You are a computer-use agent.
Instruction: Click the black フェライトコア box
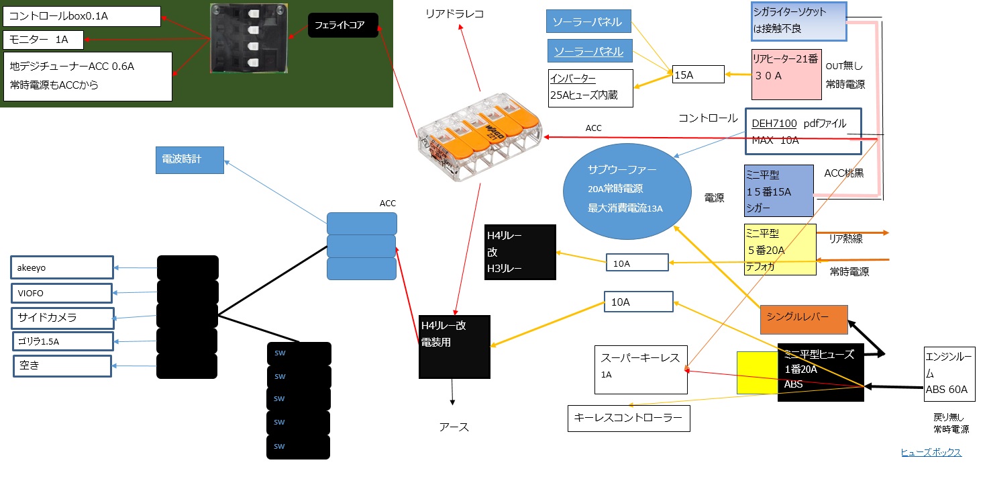click(343, 26)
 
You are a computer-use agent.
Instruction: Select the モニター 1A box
click(43, 40)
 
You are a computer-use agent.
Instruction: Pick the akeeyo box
click(62, 267)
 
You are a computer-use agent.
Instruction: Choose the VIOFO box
click(62, 293)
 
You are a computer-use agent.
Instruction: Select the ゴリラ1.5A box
click(62, 341)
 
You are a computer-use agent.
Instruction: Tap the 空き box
click(62, 366)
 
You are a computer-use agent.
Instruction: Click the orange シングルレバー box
click(804, 319)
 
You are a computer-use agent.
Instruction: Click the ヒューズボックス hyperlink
click(931, 452)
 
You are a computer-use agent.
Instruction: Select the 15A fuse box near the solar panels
click(698, 75)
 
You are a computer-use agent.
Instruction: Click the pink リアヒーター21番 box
click(786, 74)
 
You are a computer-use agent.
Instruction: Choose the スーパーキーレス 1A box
click(641, 369)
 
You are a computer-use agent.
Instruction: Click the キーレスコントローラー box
click(628, 418)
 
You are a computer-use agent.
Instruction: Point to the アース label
click(454, 427)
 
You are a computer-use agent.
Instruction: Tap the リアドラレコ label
click(454, 13)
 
